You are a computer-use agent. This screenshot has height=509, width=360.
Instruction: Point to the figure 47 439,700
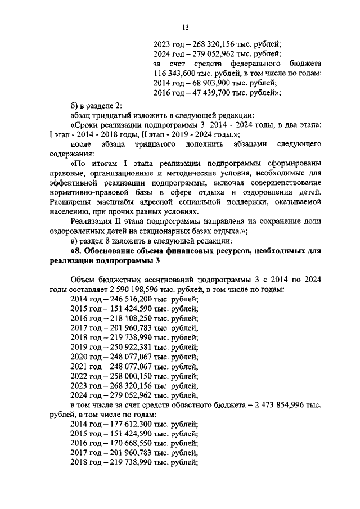(x=205, y=93)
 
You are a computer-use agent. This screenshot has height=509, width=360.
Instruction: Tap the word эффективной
(x=73, y=182)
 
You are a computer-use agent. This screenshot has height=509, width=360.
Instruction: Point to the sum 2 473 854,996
(x=285, y=406)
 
